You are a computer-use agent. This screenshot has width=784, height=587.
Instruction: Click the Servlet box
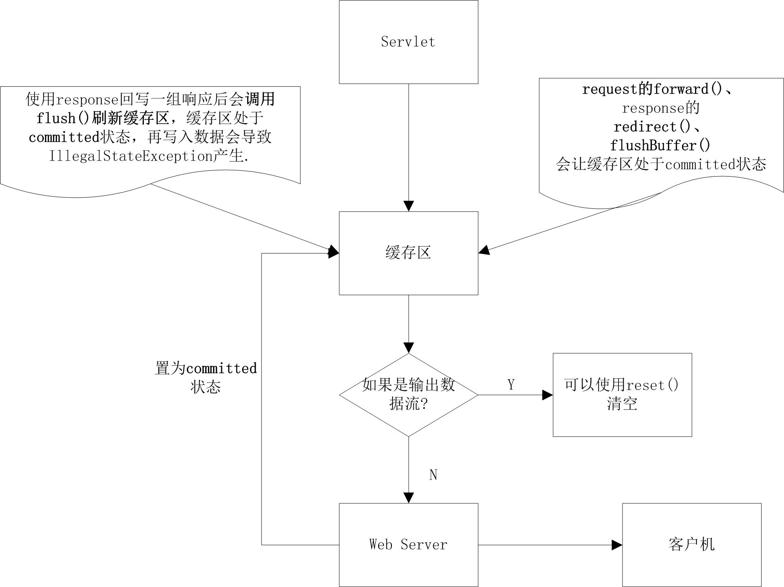point(408,42)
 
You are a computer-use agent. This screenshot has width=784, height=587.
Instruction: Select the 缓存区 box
point(408,253)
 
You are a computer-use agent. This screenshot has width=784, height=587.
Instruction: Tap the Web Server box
point(408,545)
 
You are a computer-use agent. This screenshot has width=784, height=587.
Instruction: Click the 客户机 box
point(691,545)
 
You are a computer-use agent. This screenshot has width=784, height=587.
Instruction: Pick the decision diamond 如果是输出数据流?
point(408,395)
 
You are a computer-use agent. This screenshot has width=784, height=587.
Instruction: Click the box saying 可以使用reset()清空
point(622,395)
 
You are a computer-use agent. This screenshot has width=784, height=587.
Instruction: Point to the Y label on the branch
point(511,385)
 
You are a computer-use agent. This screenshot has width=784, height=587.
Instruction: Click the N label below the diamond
point(433,475)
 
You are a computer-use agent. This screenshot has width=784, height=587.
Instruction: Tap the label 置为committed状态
point(206,377)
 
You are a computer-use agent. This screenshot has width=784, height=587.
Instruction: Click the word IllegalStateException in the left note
point(131,156)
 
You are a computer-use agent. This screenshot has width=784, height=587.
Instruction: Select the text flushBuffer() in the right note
point(660,146)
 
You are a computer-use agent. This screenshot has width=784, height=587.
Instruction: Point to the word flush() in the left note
point(63,118)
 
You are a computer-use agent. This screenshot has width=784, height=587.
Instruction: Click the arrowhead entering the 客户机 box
point(617,545)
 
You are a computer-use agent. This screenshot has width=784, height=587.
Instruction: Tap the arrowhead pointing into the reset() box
point(548,395)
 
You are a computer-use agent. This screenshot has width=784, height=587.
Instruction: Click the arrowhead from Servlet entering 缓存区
point(408,206)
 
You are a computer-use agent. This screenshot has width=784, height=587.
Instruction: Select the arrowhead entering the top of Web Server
point(408,498)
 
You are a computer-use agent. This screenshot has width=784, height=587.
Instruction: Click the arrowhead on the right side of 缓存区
point(484,250)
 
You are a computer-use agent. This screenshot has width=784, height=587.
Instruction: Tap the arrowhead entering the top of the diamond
point(408,348)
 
